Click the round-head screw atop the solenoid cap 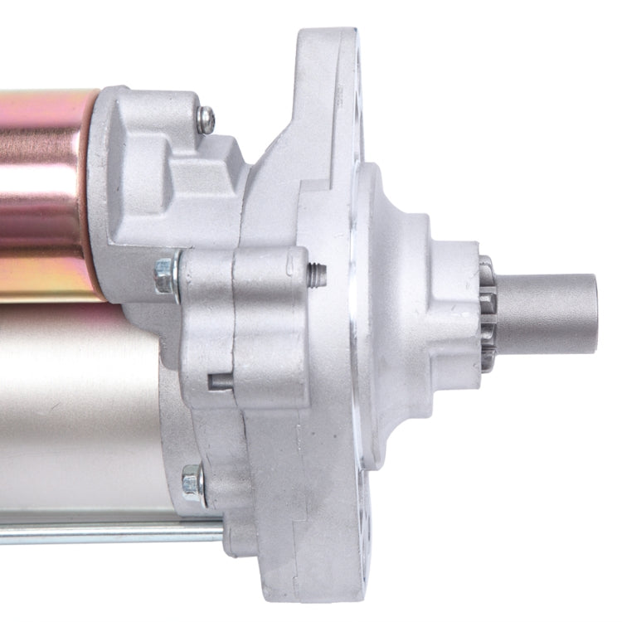pyautogui.click(x=206, y=119)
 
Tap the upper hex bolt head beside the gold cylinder pyautogui.click(x=164, y=275)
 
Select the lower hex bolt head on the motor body pyautogui.click(x=192, y=481)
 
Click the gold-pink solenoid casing pyautogui.click(x=46, y=191)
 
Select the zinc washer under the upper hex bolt pyautogui.click(x=176, y=275)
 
